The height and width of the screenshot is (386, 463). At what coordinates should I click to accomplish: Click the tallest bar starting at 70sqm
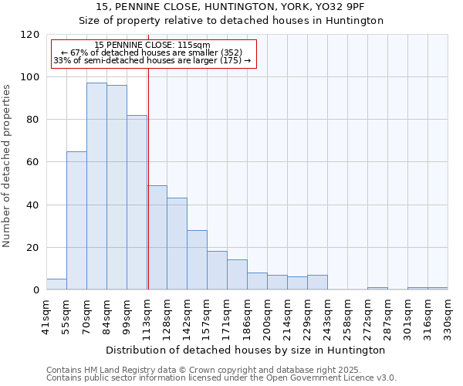[x=96, y=186]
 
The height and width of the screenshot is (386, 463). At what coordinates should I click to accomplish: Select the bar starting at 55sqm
[x=76, y=221]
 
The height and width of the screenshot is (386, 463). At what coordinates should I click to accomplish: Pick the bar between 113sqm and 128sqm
[x=157, y=238]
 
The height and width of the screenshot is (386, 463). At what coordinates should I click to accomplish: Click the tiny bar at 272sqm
[x=377, y=289]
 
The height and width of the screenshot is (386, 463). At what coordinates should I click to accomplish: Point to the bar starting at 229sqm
[x=317, y=283]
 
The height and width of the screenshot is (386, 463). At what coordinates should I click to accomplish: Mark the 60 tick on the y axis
[x=33, y=162]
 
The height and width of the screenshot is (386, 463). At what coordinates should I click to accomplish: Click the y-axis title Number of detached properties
[x=7, y=166]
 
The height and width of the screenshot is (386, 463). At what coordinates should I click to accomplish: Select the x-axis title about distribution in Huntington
[x=246, y=350]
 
